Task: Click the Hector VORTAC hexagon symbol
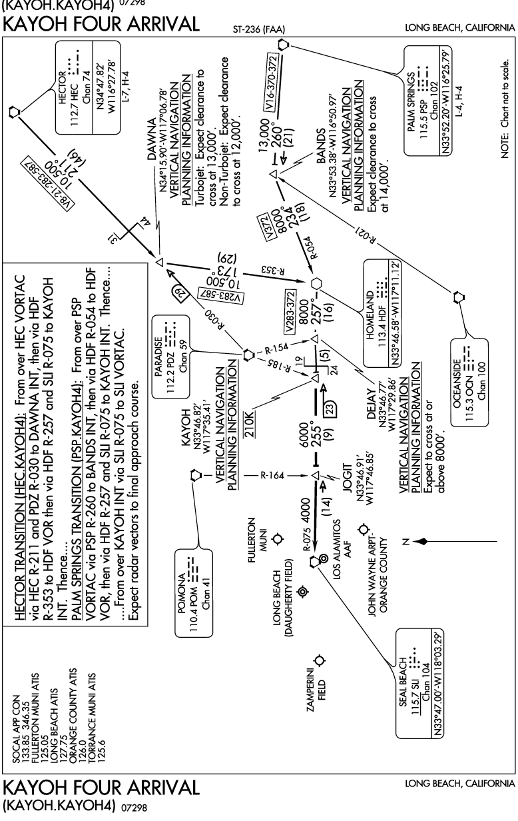tap(14, 111)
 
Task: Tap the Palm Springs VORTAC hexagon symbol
tap(283, 45)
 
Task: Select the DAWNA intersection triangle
tap(160, 262)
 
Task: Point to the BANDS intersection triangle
tap(274, 173)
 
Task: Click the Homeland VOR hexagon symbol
tap(317, 283)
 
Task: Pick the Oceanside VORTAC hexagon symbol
tap(457, 297)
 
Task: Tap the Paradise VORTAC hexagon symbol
tap(248, 355)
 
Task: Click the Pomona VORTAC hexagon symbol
tap(196, 475)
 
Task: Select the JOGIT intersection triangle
tap(316, 475)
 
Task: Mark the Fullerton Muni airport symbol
tap(278, 538)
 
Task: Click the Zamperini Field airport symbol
tap(320, 660)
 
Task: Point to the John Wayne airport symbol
tap(363, 529)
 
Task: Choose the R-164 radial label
tap(272, 475)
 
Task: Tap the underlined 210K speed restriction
tap(250, 424)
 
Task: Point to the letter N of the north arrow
tap(405, 541)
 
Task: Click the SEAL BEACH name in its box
tap(403, 682)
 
